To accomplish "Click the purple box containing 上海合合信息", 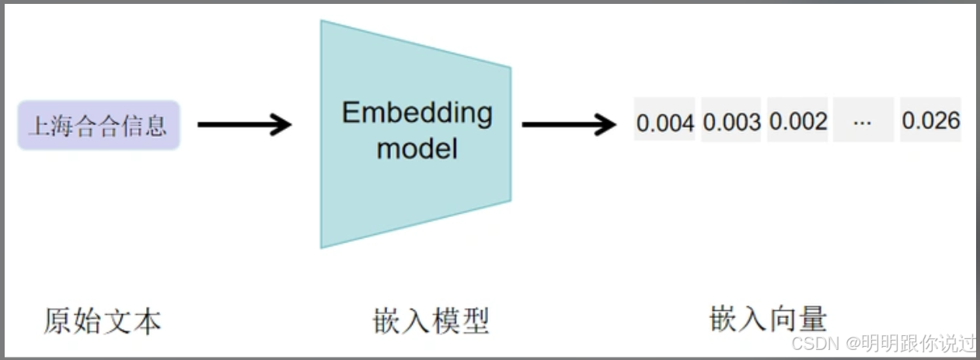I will tap(99, 125).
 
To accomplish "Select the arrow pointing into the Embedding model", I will tap(244, 124).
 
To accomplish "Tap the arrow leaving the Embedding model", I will tap(568, 124).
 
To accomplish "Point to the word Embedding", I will tap(417, 113).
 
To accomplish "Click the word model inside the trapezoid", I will tap(417, 147).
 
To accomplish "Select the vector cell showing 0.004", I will tap(664, 121).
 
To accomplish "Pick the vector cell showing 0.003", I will tap(731, 121).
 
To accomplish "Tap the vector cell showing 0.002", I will tap(797, 121).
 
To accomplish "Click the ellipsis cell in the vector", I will tap(863, 121).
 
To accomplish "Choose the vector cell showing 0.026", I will tap(930, 121).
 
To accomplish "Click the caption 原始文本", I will tap(102, 320).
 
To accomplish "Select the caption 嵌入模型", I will tap(431, 320).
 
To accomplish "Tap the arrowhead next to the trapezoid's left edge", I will tap(280, 124).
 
